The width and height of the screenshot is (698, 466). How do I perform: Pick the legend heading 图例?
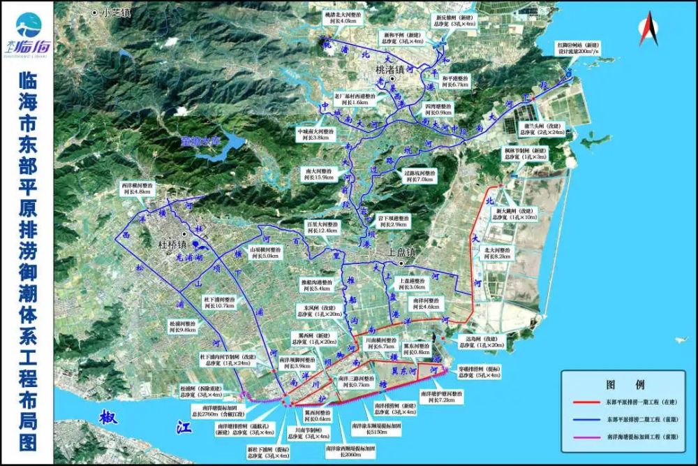625,384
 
